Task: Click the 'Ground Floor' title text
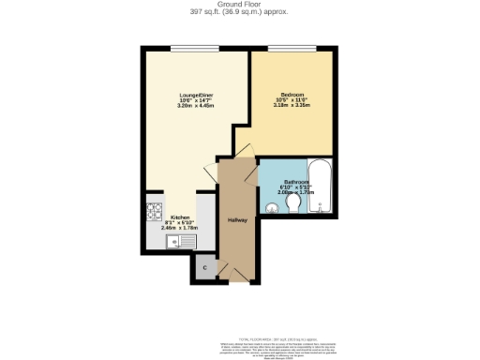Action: pos(239,4)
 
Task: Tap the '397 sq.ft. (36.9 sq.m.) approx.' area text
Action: pos(239,12)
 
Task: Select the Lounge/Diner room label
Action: pos(196,96)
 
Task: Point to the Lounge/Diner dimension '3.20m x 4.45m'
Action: pos(196,106)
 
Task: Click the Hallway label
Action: pos(237,220)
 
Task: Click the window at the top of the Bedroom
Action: pos(292,48)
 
